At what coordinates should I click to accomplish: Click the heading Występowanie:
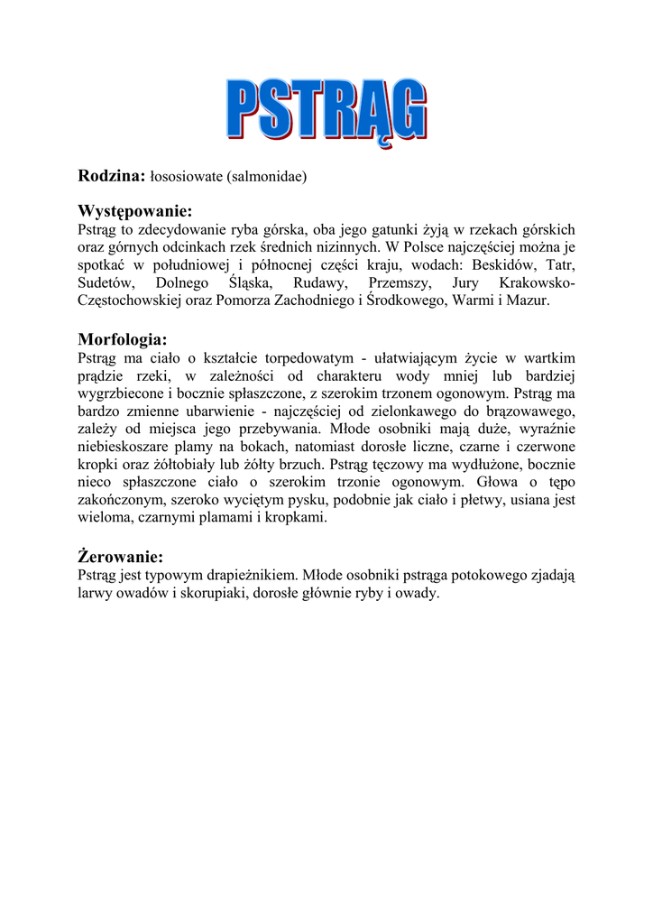(135, 211)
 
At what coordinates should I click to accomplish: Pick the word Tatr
(560, 264)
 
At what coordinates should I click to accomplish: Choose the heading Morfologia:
(123, 340)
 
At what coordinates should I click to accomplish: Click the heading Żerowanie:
(120, 557)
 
